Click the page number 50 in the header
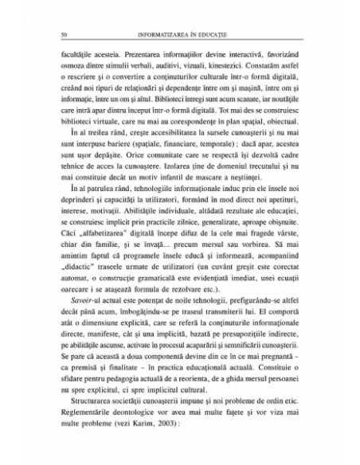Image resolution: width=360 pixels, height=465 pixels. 52,35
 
